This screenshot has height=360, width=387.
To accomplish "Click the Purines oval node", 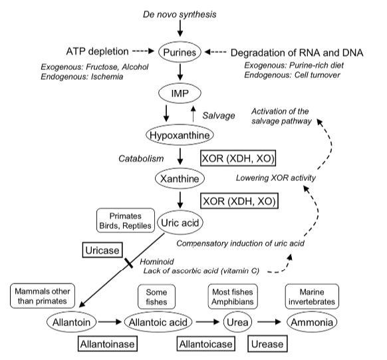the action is coord(180,52).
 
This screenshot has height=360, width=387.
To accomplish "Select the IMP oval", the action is coord(180,93).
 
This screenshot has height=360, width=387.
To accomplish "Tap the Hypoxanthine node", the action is coord(180,135).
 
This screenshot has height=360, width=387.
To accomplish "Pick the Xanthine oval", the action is coord(180,178).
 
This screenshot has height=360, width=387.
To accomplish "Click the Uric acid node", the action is coord(180,223).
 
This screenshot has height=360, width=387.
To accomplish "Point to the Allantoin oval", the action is coord(71,322).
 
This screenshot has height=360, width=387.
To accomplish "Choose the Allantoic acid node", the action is coord(158,322).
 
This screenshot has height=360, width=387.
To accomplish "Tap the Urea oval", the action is coord(237,322).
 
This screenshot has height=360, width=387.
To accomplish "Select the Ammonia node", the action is coord(312,322).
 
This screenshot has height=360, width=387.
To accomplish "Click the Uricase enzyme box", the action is coord(102,250).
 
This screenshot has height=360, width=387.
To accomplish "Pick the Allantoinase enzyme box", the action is coord(108,343).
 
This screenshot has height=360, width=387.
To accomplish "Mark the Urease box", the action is coord(267,343).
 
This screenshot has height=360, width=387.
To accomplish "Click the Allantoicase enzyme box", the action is coord(206,343).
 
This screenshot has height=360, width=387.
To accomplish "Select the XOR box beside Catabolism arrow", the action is coord(238,158).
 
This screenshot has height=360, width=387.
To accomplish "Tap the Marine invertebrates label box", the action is coord(312,297).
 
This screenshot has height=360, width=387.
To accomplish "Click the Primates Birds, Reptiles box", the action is coord(126,220).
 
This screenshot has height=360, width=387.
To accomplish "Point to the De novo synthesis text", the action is coord(180,15).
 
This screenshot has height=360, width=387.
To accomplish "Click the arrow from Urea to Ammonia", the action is coord(269,322).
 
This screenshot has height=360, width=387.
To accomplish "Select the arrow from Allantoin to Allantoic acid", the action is coord(110,322).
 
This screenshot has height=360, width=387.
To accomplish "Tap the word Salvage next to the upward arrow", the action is coord(219,116).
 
